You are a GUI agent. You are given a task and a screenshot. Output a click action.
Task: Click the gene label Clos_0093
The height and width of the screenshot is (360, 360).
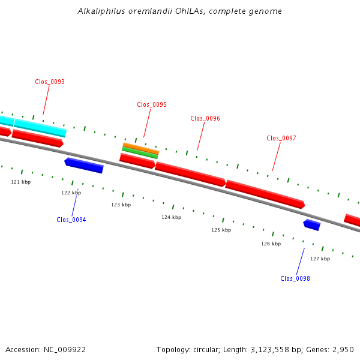[50, 82]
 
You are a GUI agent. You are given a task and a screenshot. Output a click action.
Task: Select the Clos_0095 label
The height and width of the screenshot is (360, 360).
[152, 104]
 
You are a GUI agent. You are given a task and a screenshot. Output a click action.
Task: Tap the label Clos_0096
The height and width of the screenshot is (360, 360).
[205, 118]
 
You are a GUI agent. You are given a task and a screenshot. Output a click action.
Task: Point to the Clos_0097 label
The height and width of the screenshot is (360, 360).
[281, 138]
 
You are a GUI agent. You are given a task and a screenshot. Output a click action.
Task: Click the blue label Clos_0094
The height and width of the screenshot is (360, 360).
[71, 220]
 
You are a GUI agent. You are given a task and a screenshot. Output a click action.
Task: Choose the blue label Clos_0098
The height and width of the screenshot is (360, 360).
[295, 278]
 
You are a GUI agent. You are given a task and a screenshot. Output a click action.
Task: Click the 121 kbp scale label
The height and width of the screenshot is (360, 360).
[21, 182]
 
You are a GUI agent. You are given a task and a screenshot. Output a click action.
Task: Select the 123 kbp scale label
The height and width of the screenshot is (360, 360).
[121, 205]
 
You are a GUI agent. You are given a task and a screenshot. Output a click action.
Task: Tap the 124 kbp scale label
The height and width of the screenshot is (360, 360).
[171, 217]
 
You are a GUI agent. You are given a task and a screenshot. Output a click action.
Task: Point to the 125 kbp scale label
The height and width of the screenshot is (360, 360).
[221, 230]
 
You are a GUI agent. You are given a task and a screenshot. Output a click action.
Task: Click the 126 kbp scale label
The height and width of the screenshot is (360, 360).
[271, 244]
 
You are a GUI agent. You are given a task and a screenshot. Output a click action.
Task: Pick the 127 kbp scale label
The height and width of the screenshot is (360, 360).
[320, 259]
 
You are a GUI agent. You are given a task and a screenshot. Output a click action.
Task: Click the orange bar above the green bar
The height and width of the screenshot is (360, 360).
[141, 148]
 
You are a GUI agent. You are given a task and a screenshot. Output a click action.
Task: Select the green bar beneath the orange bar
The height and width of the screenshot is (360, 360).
[140, 153]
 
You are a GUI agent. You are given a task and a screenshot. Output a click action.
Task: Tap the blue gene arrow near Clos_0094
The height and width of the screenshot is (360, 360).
[84, 166]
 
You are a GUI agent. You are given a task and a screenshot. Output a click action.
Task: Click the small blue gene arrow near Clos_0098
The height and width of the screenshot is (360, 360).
[312, 225]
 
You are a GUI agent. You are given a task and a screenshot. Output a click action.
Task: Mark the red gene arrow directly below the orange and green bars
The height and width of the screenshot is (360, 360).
[137, 161]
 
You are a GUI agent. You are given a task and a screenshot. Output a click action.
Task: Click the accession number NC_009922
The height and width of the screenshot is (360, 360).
[65, 350]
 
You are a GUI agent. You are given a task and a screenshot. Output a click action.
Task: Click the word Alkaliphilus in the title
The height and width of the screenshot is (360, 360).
[101, 11]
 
